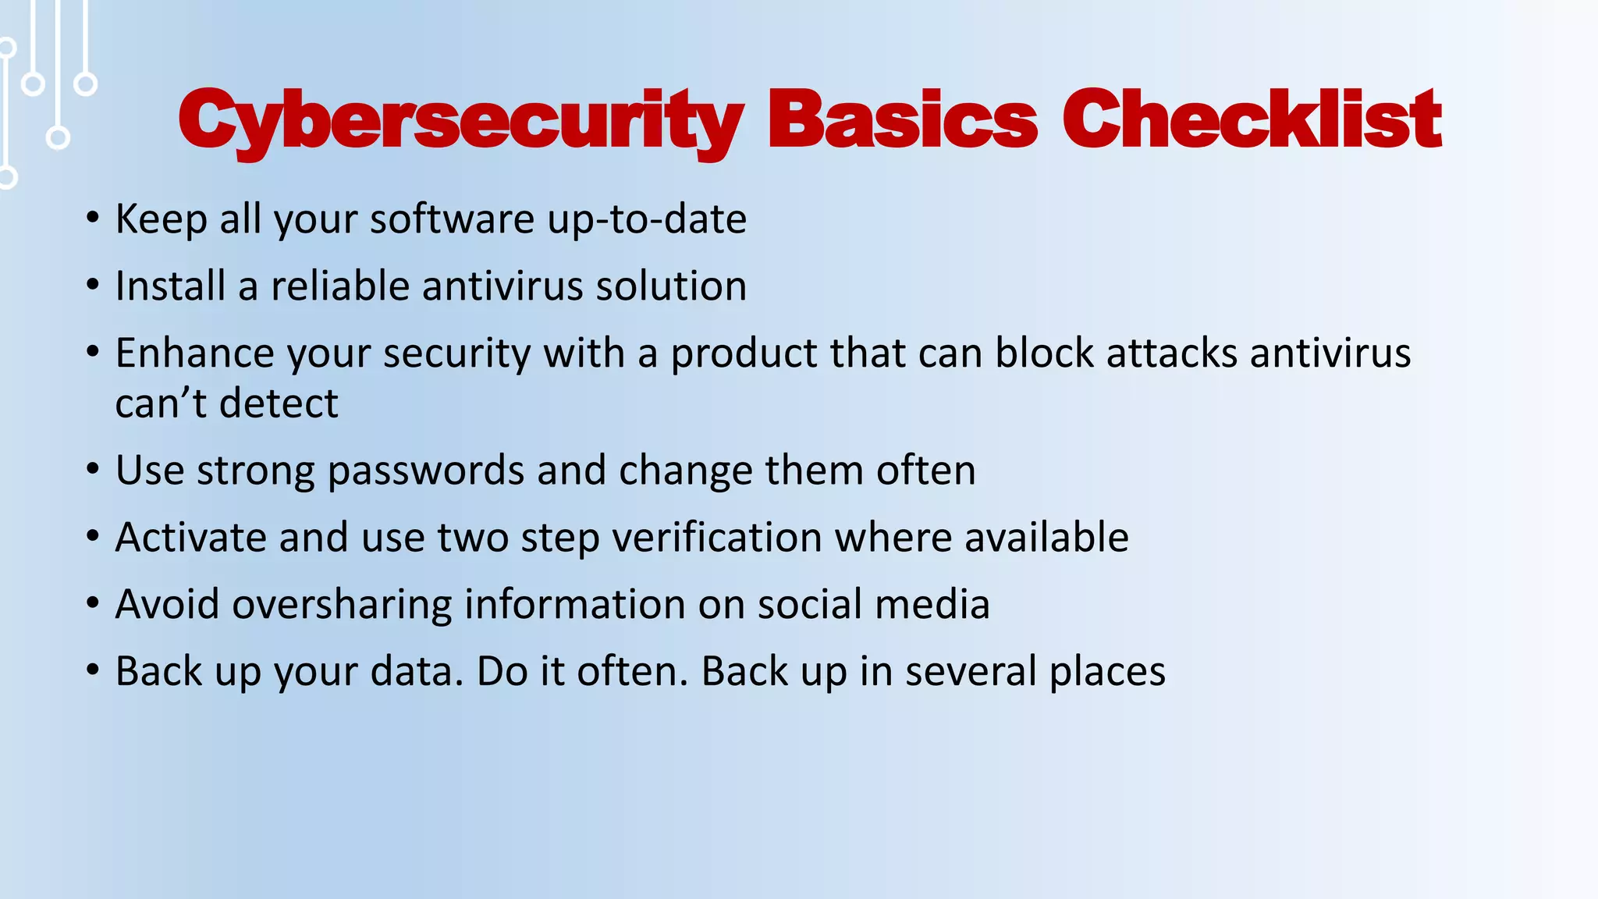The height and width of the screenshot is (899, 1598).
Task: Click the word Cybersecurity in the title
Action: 460,121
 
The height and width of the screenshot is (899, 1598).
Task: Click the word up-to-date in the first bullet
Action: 647,220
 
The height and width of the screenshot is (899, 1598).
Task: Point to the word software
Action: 452,220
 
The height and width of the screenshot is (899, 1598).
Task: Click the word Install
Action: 170,286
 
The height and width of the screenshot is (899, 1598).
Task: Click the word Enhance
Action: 194,354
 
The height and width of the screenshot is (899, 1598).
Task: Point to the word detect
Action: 279,404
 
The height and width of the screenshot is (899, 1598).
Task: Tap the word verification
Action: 717,538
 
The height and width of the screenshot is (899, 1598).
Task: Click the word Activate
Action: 190,538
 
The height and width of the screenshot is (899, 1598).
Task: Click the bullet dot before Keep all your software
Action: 93,220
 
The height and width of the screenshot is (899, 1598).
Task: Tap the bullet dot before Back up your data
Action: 93,671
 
